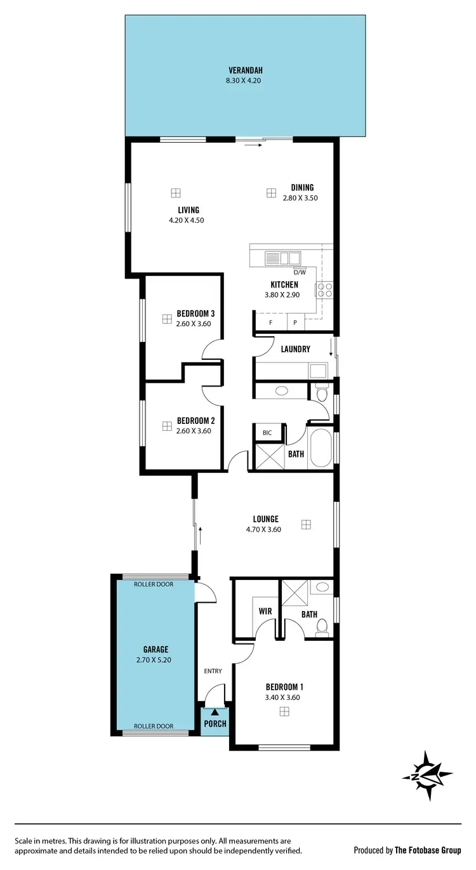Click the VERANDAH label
coord(245,70)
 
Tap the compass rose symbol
coord(427,775)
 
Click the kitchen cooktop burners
coord(326,290)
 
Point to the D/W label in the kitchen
coord(300,272)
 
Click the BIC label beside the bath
coord(267,433)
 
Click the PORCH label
coord(215,723)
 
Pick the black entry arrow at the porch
coord(215,713)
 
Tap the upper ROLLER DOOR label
coord(152,584)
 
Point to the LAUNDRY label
coord(294,349)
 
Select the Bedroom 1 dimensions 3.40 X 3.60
coord(283,697)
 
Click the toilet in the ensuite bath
coord(321,626)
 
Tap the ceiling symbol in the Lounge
coord(307,524)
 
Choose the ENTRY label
coord(213,671)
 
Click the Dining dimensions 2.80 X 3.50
coord(300,198)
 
